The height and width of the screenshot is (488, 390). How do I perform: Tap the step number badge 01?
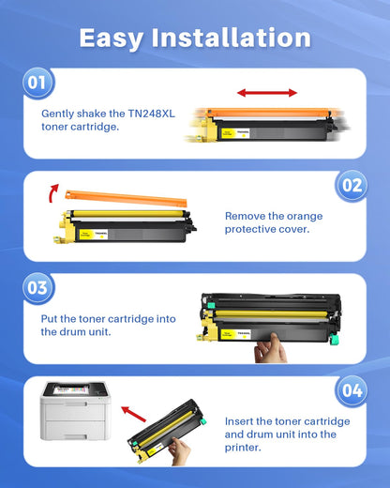[37, 83]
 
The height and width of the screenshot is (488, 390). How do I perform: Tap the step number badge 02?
[352, 185]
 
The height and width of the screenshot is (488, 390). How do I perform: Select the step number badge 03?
[37, 287]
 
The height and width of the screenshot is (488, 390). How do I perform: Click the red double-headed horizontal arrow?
[266, 92]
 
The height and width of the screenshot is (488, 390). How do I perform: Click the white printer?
[73, 414]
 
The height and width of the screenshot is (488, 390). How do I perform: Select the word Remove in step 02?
[246, 214]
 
